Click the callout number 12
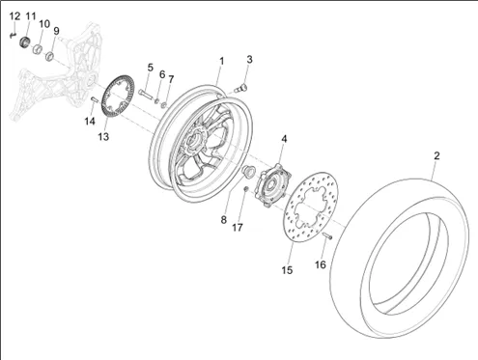tap(14, 16)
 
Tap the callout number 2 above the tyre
tap(436, 156)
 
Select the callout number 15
tap(287, 270)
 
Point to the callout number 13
tap(103, 137)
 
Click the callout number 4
tap(284, 139)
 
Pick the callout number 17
tap(238, 228)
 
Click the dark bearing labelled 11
tap(24, 42)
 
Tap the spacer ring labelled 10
tap(38, 49)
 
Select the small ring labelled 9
tap(49, 56)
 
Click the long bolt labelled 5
tap(145, 94)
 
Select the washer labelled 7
tap(164, 104)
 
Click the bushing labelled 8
tap(249, 170)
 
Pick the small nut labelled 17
tap(245, 189)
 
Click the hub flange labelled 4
tap(272, 184)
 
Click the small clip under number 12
tap(13, 35)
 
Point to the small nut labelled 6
tap(156, 101)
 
